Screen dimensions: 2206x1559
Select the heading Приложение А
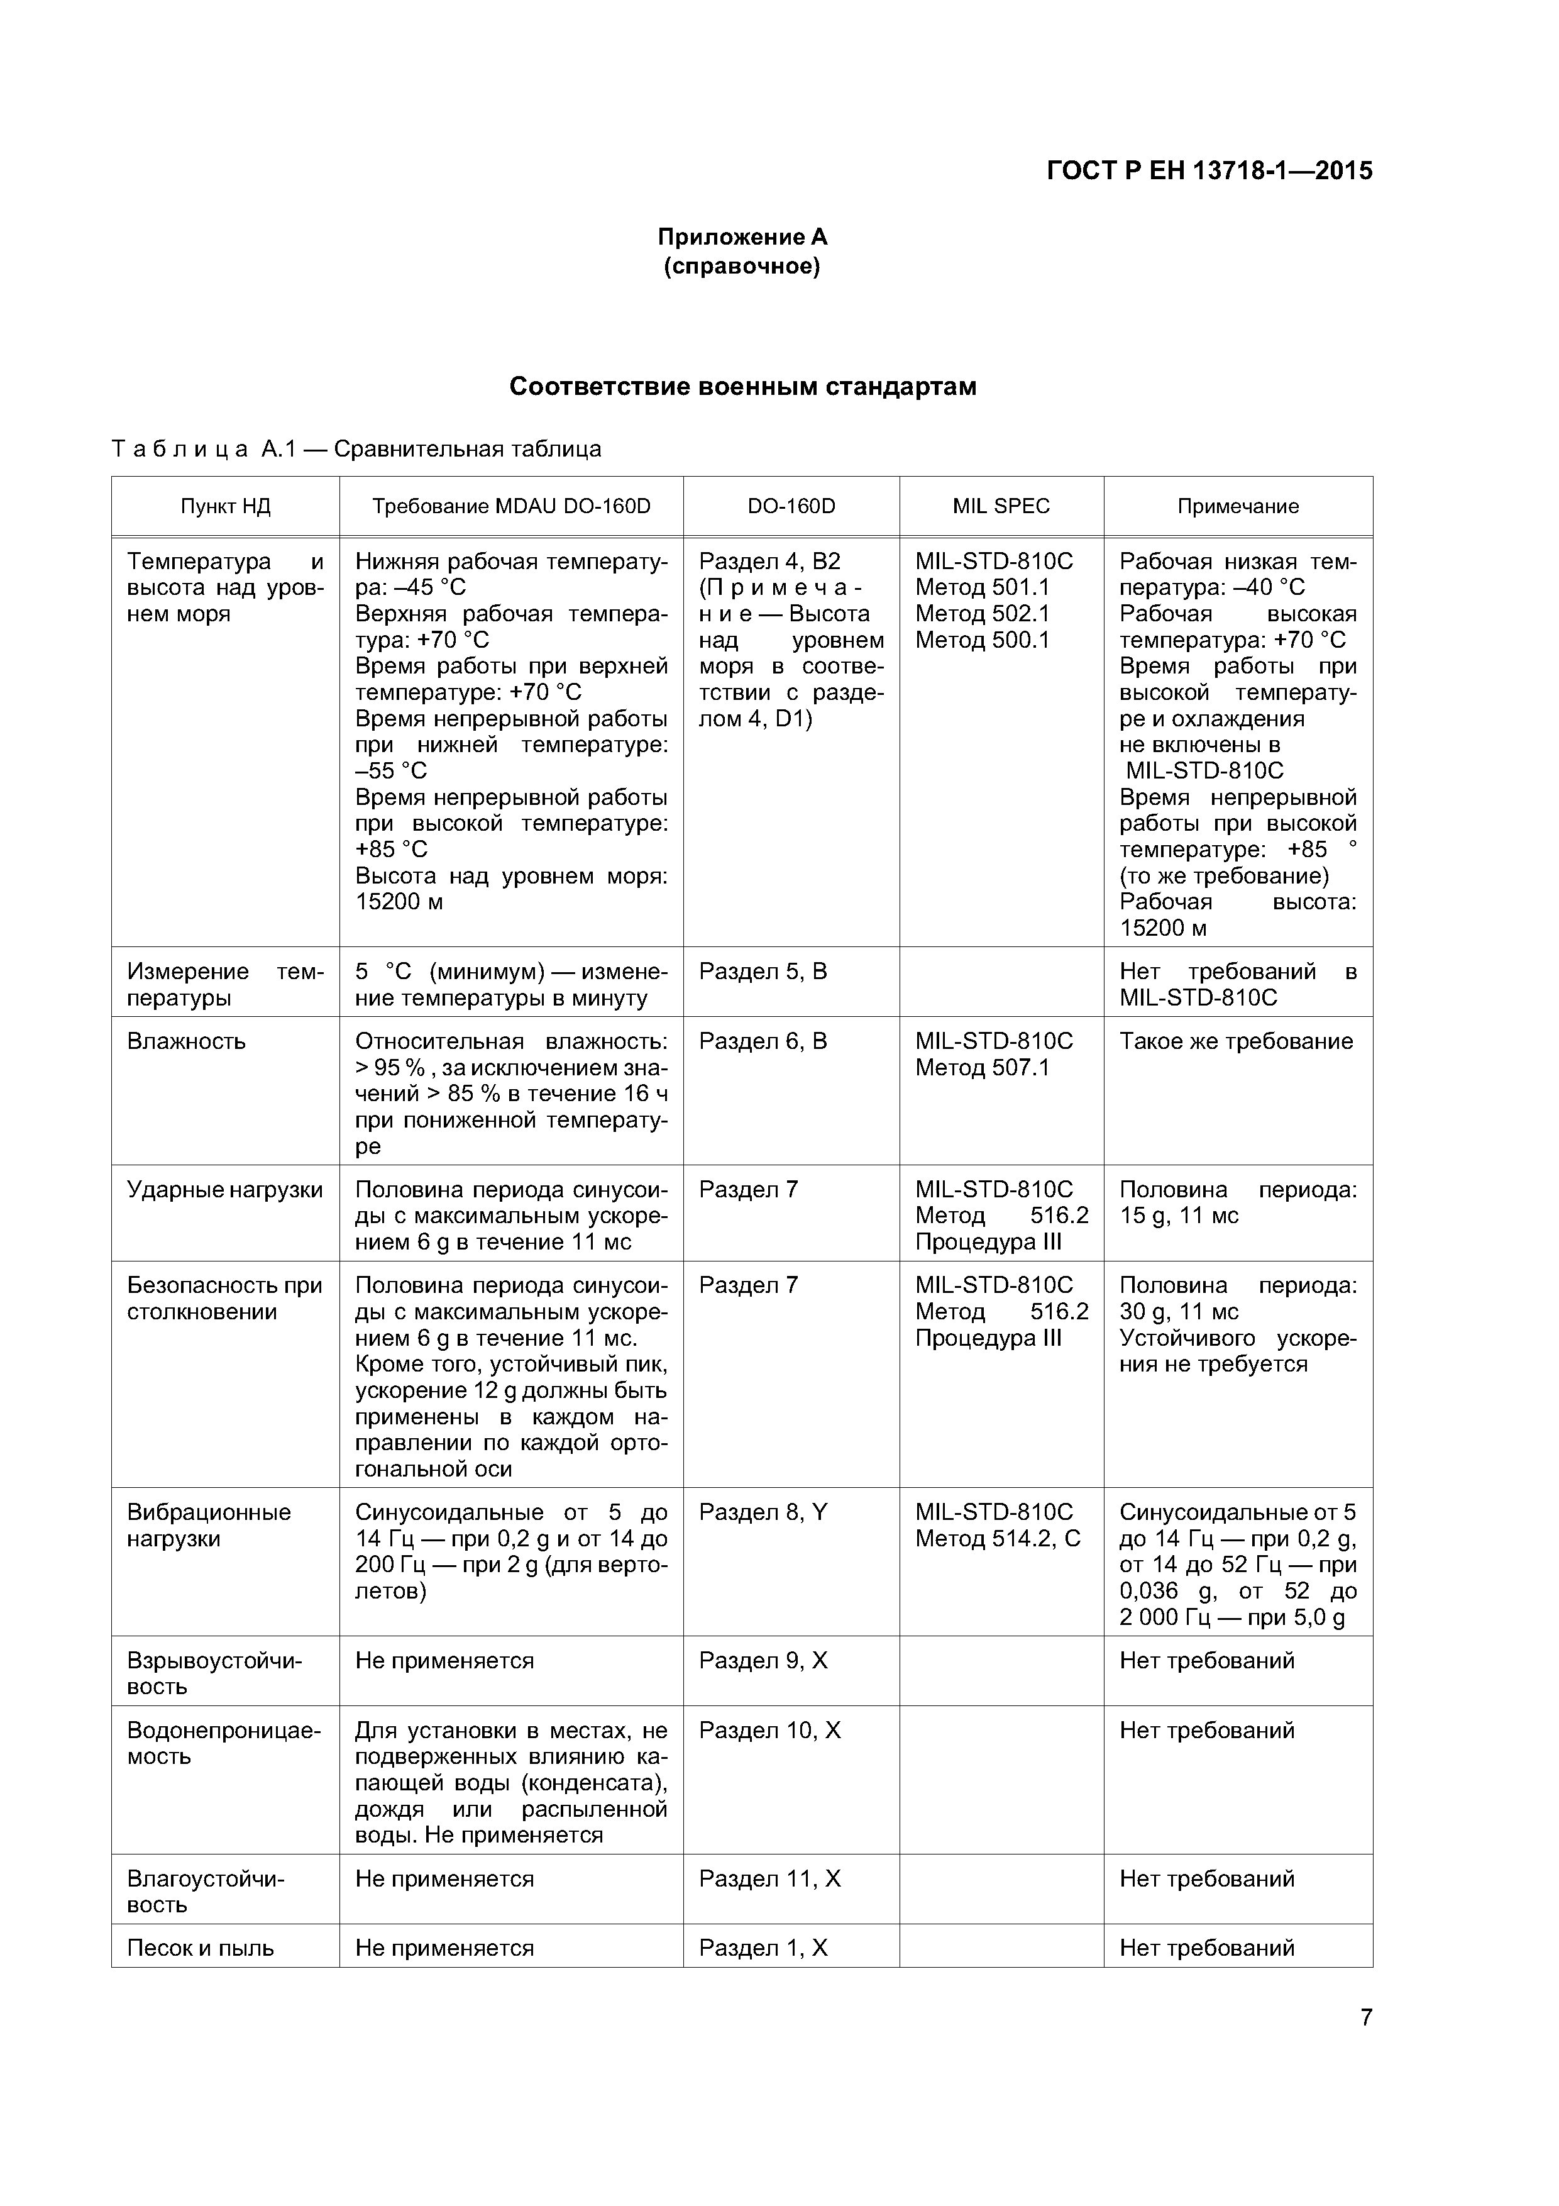[x=742, y=237]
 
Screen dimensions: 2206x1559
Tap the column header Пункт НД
[x=225, y=506]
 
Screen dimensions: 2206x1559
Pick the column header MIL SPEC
[x=1001, y=506]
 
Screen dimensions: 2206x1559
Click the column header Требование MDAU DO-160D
[x=511, y=506]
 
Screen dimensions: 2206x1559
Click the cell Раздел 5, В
[x=763, y=972]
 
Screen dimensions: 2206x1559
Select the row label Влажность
[x=186, y=1041]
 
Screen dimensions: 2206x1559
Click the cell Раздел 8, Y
[x=763, y=1512]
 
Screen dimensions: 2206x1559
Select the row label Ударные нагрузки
[x=225, y=1190]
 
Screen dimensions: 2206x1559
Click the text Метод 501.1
[x=982, y=587]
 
